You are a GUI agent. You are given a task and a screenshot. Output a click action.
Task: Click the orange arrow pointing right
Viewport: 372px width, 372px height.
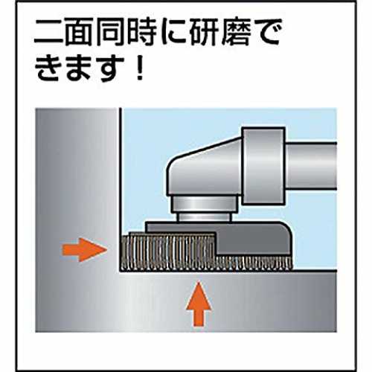pos(84,250)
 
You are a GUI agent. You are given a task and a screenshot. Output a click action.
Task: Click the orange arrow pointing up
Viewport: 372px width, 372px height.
pos(199,304)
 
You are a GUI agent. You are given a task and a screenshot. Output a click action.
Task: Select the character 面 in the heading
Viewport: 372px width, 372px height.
pos(80,33)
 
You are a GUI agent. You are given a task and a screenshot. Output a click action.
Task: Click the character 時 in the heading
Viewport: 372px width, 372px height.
pos(144,33)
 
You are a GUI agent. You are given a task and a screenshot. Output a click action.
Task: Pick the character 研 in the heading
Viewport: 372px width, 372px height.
pos(206,33)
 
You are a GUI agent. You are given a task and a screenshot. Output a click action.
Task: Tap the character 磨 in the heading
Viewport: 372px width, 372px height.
pos(237,33)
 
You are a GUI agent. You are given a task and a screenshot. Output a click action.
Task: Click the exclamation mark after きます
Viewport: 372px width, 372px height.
pos(140,68)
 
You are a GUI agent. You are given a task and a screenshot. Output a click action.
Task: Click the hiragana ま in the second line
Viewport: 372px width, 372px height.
pos(80,68)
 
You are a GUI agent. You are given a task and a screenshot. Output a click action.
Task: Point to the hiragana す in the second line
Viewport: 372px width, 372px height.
pos(110,68)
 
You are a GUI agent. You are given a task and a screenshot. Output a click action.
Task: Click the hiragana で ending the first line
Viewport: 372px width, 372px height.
pos(267,33)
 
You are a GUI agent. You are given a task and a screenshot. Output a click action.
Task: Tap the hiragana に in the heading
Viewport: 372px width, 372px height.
pos(175,33)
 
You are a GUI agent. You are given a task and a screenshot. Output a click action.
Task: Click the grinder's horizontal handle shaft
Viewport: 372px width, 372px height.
pos(311,166)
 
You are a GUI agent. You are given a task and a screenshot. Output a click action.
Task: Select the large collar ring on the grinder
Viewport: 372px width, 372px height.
pos(263,166)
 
